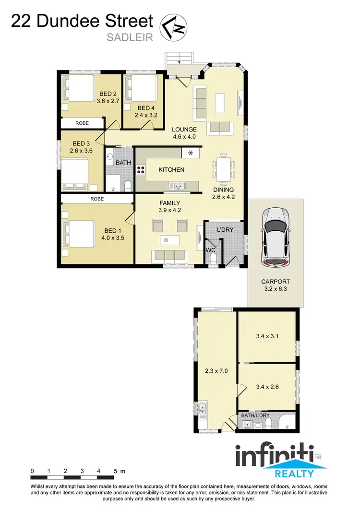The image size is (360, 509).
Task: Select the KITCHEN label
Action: tap(171, 170)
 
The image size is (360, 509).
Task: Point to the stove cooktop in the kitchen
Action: tap(141, 170)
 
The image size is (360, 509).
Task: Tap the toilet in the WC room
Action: tap(213, 259)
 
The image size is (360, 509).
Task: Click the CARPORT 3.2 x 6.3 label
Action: tap(276, 286)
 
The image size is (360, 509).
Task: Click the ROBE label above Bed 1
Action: tap(96, 198)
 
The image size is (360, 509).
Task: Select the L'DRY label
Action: tap(225, 230)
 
